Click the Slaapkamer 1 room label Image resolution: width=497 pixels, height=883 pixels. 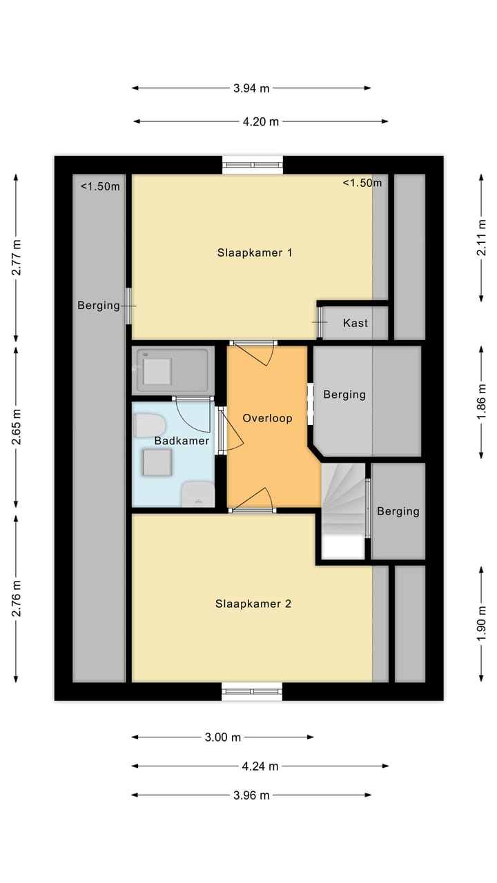255,252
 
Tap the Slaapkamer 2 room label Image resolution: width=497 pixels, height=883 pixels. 253,604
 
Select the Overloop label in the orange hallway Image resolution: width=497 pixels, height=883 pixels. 267,418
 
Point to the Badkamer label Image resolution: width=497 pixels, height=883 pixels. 182,440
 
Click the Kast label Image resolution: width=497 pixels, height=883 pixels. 355,323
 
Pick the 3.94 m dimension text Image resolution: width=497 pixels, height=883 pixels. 251,88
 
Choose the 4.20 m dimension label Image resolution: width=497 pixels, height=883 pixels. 261,121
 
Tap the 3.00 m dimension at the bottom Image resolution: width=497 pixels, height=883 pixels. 223,737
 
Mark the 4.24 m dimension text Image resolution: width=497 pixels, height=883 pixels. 260,766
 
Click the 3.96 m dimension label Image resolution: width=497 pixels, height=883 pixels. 251,795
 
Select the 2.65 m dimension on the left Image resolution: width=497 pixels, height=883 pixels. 16,426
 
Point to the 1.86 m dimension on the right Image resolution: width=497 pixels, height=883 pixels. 482,401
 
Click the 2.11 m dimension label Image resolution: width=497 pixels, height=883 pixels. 482,237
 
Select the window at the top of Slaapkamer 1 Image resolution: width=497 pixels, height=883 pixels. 253,165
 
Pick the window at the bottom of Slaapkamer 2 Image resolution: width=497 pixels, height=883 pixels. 253,691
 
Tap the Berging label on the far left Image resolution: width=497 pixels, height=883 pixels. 98,305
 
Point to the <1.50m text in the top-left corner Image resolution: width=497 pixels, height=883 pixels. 100,186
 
